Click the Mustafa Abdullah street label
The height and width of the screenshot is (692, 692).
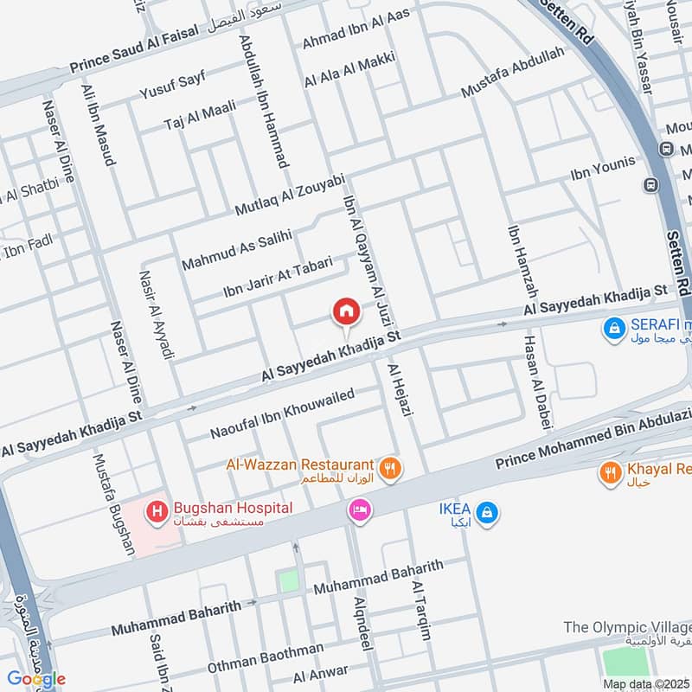512,72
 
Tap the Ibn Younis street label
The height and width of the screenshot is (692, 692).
603,170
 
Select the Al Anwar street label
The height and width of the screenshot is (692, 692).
321,673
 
